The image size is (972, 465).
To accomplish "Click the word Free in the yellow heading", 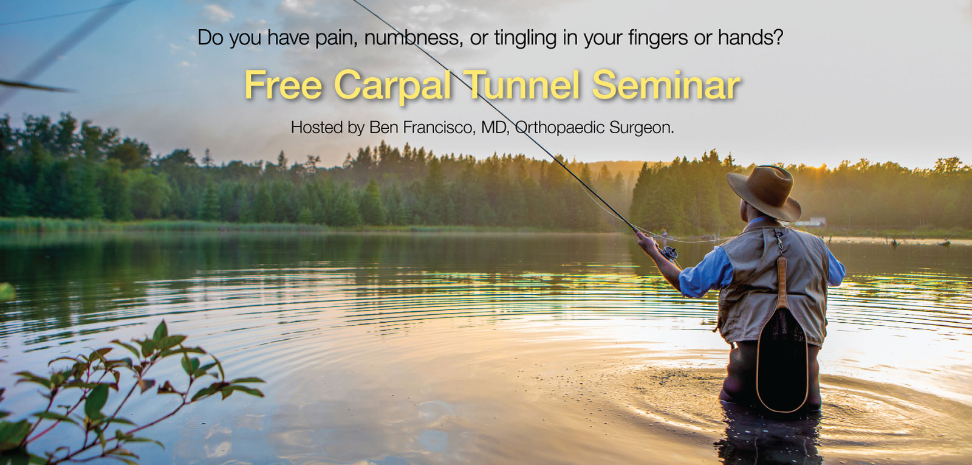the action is point(283,85).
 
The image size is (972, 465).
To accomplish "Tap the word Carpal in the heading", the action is point(393,86).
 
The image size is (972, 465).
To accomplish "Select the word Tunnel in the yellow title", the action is point(522,85).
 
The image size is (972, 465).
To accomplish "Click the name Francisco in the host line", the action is point(440,127).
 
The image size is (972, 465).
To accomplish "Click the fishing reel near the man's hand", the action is point(669,252).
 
